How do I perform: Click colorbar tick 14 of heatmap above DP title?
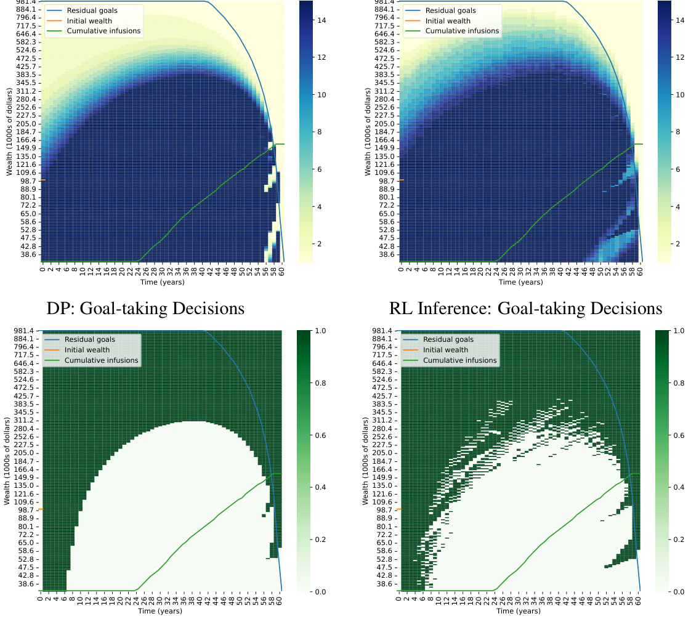[321, 20]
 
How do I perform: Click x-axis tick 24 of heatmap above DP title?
[138, 270]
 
